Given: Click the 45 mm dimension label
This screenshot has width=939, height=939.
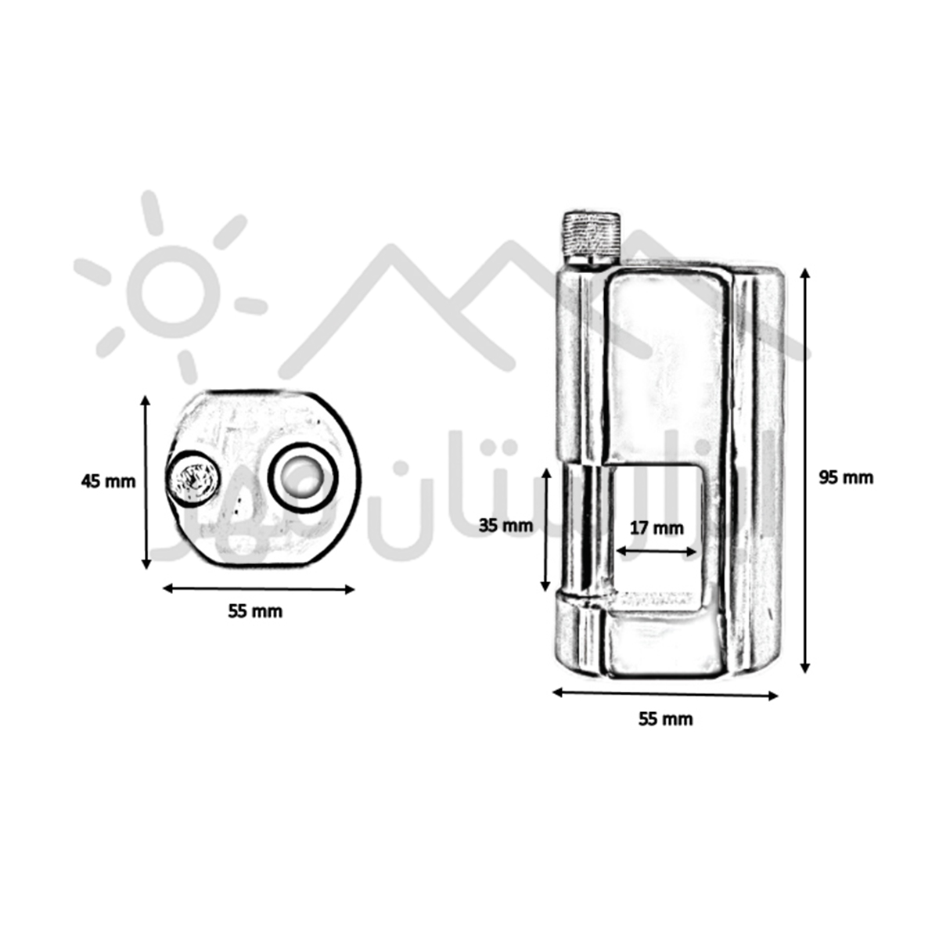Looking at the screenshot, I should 108,481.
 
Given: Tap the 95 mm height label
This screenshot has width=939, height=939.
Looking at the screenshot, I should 845,477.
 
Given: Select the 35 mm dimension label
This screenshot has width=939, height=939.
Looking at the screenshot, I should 505,525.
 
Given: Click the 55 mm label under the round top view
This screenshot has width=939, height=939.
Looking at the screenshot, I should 255,611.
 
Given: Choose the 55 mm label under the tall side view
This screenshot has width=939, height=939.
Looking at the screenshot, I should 665,718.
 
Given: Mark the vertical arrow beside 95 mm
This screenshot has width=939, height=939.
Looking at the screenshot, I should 804,469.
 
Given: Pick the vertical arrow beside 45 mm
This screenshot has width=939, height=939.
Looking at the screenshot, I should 146,482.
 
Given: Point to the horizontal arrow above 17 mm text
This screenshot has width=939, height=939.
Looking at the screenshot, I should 656,551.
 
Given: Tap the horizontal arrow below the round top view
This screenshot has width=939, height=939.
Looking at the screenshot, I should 258,588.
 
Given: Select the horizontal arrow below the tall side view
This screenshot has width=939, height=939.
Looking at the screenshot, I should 665,693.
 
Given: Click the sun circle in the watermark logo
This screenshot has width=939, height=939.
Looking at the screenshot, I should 171,290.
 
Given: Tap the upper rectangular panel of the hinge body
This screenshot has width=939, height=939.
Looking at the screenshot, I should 665,360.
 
